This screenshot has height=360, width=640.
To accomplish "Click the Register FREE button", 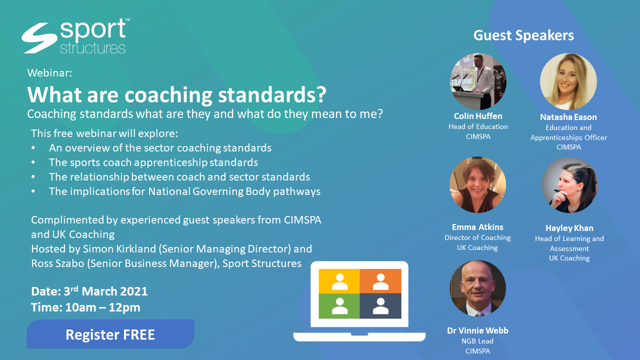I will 110,334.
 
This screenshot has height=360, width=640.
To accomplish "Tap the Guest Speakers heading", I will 523,35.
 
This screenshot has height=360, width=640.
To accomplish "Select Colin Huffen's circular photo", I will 478,81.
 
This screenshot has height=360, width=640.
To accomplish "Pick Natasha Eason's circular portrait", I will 568,81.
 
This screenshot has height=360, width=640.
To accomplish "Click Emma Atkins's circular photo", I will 477,185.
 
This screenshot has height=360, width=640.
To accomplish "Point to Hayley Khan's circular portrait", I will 569,185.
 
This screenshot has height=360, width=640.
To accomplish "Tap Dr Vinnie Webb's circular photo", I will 477,288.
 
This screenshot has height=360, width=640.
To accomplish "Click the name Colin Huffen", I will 478,116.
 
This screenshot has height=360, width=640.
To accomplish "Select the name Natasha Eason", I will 568,117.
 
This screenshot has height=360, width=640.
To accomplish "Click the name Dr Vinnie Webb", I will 477,330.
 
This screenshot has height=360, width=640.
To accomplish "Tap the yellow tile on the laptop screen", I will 339,280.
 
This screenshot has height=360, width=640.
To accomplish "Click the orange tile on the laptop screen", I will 380,280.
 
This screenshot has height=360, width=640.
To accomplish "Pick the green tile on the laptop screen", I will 339,305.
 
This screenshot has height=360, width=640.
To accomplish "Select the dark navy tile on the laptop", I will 380,305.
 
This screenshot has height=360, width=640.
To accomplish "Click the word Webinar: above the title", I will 49,72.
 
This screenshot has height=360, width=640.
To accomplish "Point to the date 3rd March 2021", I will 106,291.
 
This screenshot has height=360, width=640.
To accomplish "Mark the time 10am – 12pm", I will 102,307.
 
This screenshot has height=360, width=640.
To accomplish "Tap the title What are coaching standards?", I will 176,93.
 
